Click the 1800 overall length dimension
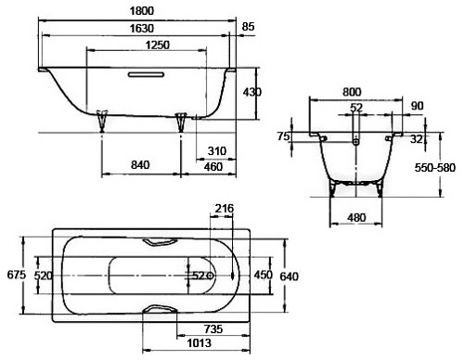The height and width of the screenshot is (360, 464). (142, 11)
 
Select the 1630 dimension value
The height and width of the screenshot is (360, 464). (142, 29)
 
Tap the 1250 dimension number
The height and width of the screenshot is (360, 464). (158, 45)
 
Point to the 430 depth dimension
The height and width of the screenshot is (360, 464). (252, 92)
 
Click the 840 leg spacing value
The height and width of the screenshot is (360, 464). (140, 165)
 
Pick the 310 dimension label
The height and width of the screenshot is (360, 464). (217, 151)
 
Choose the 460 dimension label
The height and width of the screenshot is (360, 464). (213, 167)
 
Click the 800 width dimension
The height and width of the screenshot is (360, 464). (352, 92)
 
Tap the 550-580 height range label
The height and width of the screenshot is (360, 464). (435, 168)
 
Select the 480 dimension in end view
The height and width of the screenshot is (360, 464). (356, 218)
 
